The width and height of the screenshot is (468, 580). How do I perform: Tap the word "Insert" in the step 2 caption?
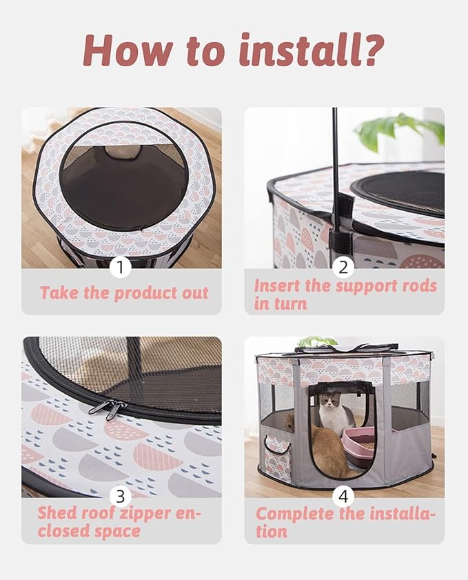(x=277, y=286)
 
